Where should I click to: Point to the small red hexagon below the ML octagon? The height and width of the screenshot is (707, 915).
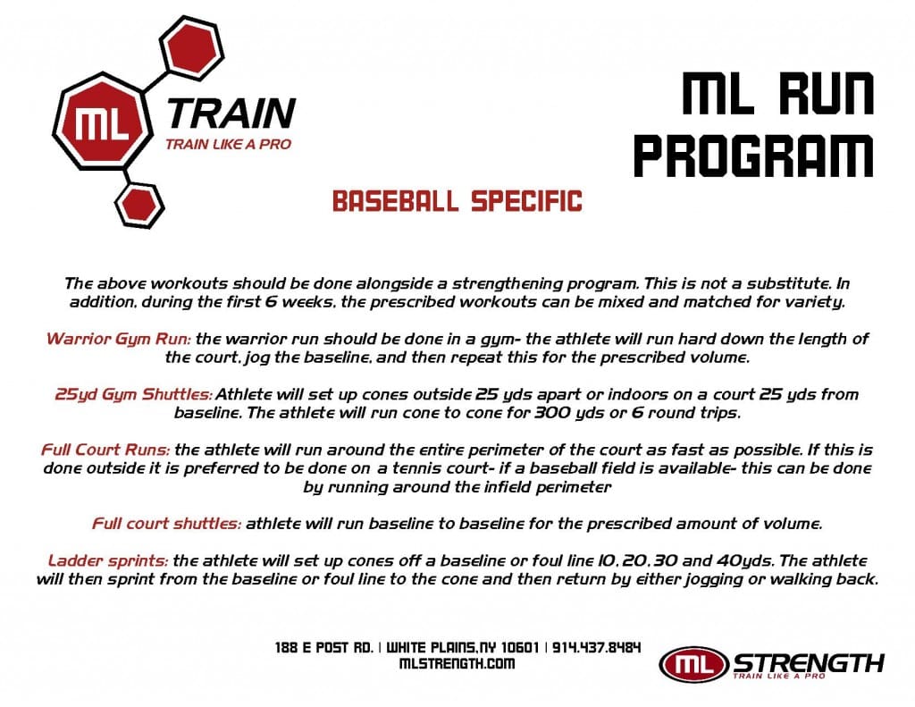[x=139, y=205]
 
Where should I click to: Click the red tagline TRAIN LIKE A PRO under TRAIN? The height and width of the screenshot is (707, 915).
[x=228, y=144]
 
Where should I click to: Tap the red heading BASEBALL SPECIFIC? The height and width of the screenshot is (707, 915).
[x=457, y=201]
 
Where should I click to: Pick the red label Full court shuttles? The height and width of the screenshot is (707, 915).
[x=166, y=524]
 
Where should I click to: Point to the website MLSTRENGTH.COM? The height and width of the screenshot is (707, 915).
[x=458, y=663]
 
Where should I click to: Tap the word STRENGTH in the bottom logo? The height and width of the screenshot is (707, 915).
[x=809, y=662]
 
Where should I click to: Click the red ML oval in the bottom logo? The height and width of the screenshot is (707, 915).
[x=693, y=664]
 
